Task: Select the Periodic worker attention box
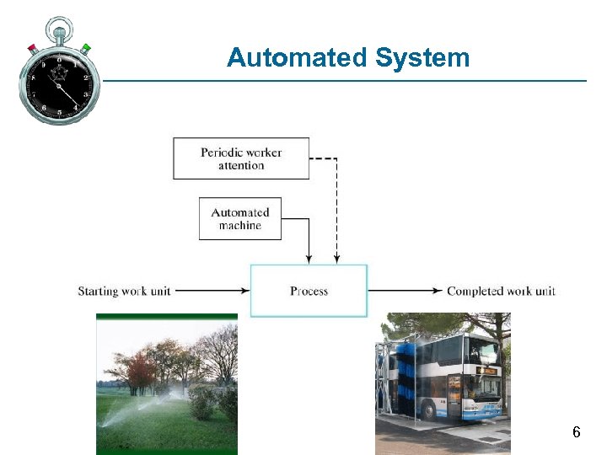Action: [241, 158]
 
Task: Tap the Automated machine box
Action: [240, 219]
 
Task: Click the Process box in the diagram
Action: [309, 291]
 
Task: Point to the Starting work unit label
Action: [124, 291]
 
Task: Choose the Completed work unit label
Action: [501, 291]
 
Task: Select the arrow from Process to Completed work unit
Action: [405, 291]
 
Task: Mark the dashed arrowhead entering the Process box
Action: [336, 259]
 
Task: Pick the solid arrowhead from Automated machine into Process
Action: [309, 259]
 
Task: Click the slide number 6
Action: [576, 432]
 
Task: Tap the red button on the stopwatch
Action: [32, 47]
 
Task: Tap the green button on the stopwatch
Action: [86, 48]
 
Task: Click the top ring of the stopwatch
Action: [59, 28]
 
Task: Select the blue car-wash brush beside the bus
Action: [409, 375]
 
